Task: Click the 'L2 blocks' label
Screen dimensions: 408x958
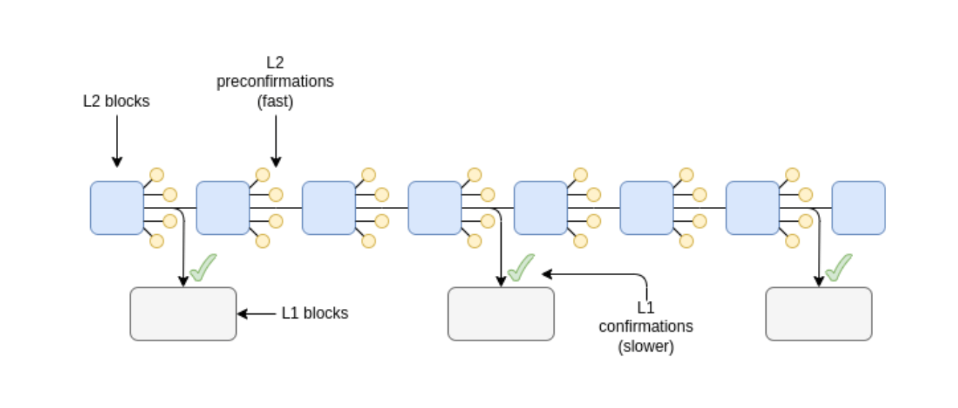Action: click(x=116, y=101)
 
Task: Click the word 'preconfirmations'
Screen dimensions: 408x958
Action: click(x=275, y=81)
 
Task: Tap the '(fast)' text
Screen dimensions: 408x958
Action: click(x=275, y=101)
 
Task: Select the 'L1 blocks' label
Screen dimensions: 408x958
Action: click(x=315, y=313)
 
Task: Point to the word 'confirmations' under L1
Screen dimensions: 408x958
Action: click(x=646, y=326)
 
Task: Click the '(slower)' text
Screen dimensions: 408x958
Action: click(x=646, y=346)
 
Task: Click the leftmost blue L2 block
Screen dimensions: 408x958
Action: click(x=117, y=208)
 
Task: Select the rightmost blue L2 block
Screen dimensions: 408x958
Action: click(x=858, y=208)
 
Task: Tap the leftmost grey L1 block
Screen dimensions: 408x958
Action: click(x=183, y=313)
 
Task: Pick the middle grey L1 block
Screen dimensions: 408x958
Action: click(x=501, y=313)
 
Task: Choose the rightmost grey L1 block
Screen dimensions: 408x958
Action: click(x=819, y=313)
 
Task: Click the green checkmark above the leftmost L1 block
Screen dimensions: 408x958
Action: click(x=203, y=268)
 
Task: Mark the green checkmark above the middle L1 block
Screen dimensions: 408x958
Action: click(x=521, y=268)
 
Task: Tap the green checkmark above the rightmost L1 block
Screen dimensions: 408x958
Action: click(x=838, y=268)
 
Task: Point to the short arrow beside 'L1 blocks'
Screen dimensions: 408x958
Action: click(x=255, y=313)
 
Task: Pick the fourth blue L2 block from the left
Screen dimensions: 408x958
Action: click(x=435, y=208)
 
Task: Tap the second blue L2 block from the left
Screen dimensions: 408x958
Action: click(x=223, y=208)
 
